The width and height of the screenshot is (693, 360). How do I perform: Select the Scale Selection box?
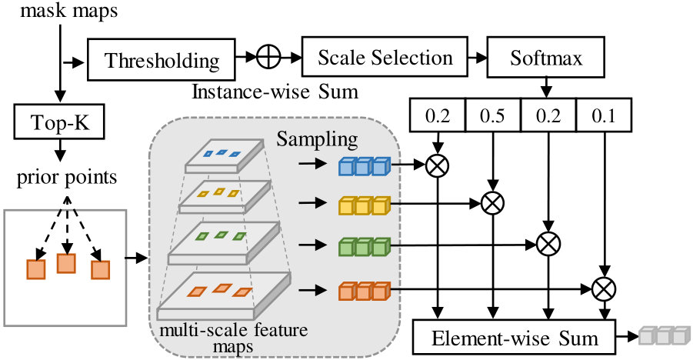coord(385,58)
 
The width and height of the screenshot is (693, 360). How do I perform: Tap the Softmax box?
coord(545,58)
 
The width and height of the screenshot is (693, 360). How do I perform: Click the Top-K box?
coord(58,123)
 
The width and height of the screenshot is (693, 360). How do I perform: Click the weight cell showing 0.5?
coord(492,118)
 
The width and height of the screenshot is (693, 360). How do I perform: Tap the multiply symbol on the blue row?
coord(438,165)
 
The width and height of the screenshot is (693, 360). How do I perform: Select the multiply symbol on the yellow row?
coord(491,203)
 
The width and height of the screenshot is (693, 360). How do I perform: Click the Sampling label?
coord(318,140)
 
